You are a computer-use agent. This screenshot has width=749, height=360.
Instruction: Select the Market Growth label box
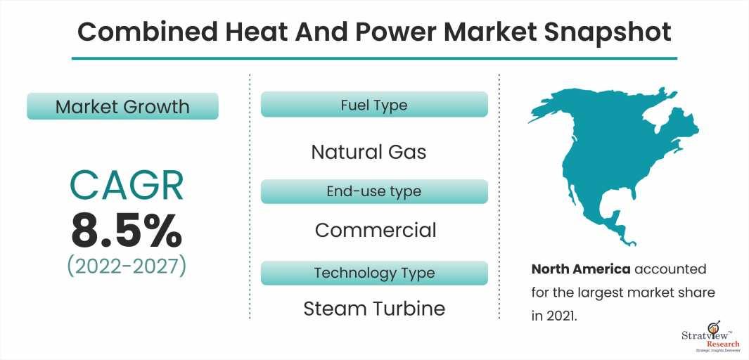123,106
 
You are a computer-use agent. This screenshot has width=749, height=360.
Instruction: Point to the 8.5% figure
126,231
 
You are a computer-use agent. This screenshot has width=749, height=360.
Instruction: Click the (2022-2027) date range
126,266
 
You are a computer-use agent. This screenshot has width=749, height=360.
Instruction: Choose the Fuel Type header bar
374,105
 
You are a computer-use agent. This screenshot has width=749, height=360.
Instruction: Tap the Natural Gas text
369,153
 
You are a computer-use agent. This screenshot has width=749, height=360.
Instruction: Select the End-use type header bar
374,191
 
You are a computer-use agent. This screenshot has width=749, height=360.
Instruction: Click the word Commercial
376,230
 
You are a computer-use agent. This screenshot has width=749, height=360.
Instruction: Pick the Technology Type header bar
374,273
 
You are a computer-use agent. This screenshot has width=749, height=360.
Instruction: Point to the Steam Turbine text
374,309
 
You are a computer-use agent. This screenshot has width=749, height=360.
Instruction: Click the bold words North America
581,269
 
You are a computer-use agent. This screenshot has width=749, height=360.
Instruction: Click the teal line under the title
374,58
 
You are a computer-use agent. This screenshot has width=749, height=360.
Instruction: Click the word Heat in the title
248,32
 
